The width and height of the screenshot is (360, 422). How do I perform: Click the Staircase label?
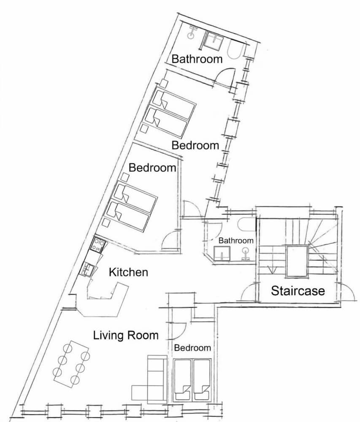298,291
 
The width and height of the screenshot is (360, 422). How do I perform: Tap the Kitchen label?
128,272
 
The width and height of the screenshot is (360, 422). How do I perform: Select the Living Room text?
126,335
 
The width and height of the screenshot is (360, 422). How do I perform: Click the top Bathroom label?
197,59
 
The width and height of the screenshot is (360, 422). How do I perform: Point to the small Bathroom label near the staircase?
235,241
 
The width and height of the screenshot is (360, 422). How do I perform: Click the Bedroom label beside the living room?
192,348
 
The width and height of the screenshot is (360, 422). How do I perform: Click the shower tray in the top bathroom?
214,41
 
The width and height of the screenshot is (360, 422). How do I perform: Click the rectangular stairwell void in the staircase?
297,261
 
